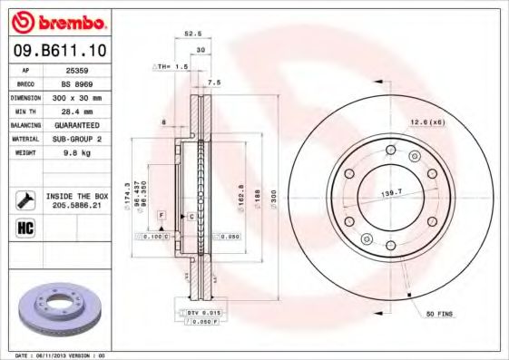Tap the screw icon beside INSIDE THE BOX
click(x=26, y=199)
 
